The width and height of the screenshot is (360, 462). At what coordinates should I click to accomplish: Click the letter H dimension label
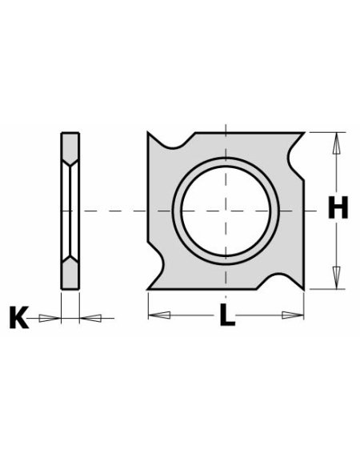[338, 210]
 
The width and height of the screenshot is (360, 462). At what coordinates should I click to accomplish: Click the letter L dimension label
[228, 316]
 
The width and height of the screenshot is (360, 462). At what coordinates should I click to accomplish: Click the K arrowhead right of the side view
[90, 318]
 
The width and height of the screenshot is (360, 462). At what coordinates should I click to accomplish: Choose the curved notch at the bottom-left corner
[157, 276]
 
